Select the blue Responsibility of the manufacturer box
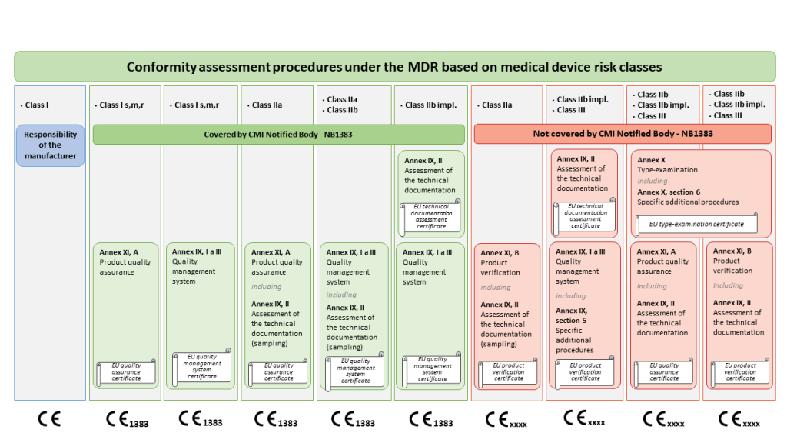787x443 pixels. pos(50,145)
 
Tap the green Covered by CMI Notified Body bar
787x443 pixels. pos(278,134)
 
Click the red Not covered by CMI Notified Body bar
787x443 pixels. pos(623,134)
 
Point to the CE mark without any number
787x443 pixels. pos(49,420)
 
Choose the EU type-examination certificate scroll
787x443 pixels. pos(696,224)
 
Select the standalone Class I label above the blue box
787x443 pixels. pos(35,105)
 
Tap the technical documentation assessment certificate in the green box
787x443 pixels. pos(431,218)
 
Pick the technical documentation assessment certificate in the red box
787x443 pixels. pos(585,216)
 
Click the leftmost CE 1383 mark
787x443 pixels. pos(127,420)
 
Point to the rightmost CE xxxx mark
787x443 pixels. pos(740,420)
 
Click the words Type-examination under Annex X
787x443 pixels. pos(667,170)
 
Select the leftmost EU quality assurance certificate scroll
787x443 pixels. pos(126,373)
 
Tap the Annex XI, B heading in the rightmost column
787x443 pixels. pos(732,251)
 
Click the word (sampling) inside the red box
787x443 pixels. pos(499,344)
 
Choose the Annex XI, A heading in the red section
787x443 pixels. pos(656,251)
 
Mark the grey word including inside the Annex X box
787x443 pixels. pos(652,181)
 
